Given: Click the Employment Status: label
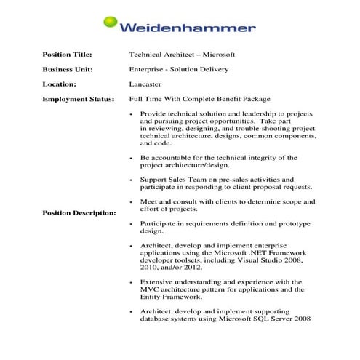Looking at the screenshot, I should (x=78, y=98).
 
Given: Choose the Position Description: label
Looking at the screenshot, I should (x=79, y=213).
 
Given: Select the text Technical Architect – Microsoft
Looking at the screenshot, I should (x=182, y=55).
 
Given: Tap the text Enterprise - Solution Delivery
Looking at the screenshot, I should (x=179, y=69).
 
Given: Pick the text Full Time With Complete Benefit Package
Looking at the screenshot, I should (x=199, y=98).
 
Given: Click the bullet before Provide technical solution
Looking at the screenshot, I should (x=131, y=115).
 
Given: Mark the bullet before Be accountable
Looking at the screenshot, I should (x=131, y=157).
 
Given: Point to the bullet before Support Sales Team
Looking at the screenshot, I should (x=131, y=179).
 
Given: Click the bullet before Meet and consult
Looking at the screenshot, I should (x=131, y=201).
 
